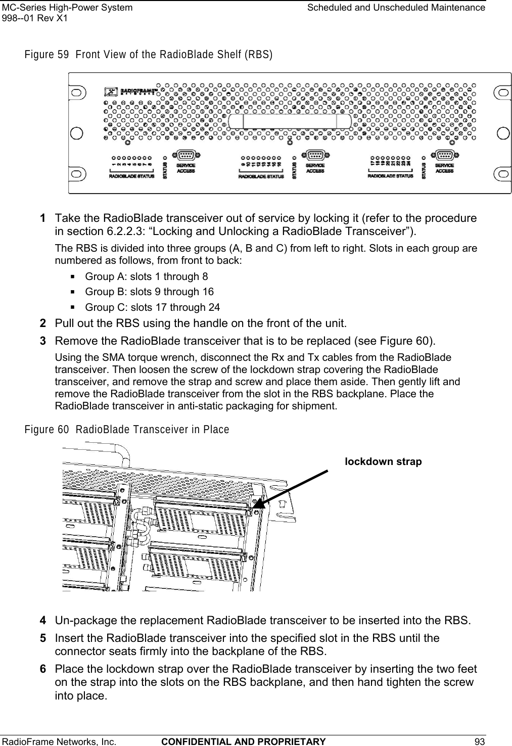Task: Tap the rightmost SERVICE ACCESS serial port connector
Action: click(443, 156)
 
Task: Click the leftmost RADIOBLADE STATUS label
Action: click(131, 176)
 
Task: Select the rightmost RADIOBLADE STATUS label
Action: click(390, 176)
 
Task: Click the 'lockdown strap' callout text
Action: click(383, 461)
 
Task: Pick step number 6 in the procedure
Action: click(44, 670)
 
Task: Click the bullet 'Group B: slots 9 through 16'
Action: click(149, 292)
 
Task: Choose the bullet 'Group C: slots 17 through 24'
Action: click(152, 307)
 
